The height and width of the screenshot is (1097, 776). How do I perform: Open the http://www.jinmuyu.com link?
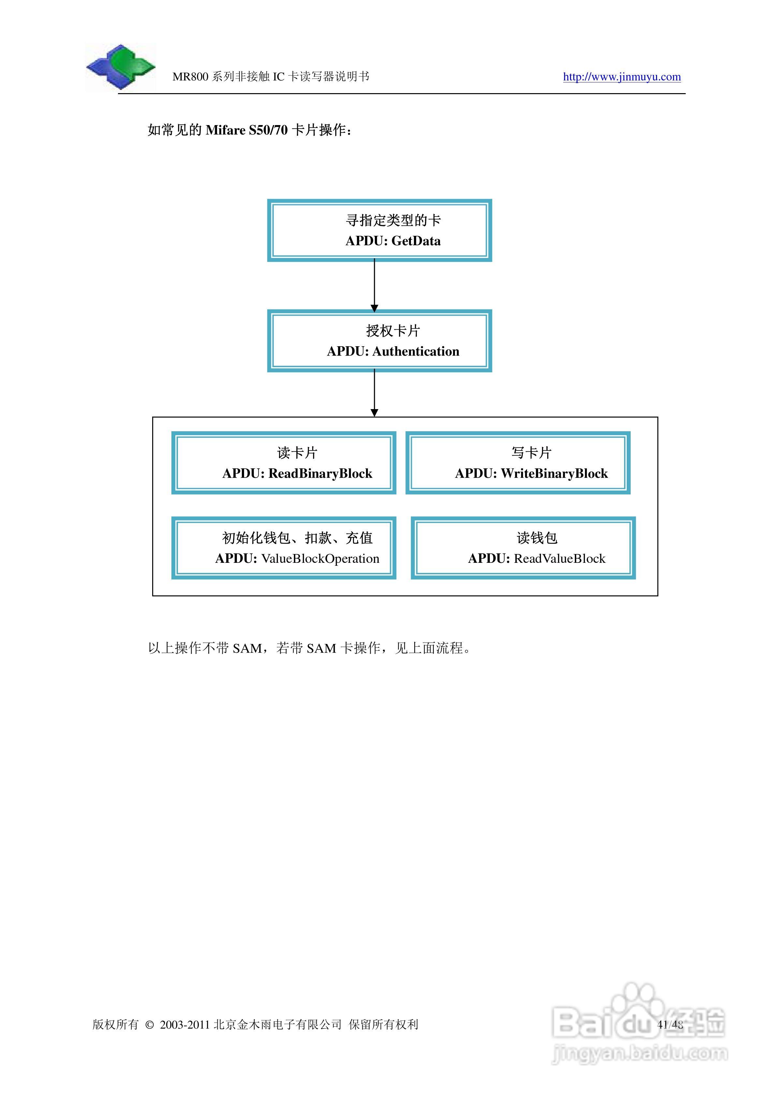tap(622, 77)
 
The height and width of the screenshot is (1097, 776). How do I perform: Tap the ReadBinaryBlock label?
tap(320, 474)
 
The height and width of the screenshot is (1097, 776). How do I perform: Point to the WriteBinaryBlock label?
tap(554, 474)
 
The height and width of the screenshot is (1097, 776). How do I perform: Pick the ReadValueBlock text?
tap(559, 559)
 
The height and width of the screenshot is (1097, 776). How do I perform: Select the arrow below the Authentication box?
tap(374, 394)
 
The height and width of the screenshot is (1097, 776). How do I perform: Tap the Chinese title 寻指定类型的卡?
tap(393, 220)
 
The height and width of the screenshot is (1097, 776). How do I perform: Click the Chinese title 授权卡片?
tap(393, 331)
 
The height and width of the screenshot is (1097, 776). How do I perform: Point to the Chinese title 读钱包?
tap(537, 538)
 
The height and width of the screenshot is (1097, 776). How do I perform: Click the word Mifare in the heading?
tap(225, 130)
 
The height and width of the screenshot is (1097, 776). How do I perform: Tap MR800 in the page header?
tap(190, 77)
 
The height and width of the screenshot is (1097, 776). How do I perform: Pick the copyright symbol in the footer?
tap(149, 1025)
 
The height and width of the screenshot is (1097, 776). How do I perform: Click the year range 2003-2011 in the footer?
tap(185, 1025)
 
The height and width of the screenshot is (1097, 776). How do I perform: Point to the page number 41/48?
tap(670, 1024)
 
